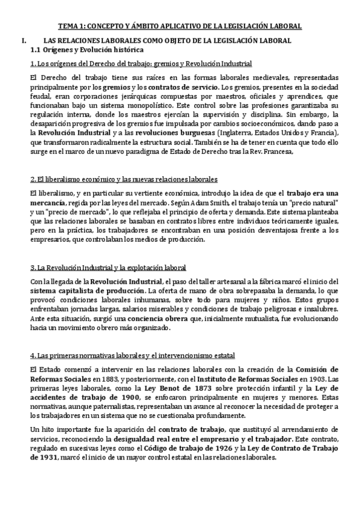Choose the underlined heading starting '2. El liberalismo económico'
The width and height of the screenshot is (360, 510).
pos(124,180)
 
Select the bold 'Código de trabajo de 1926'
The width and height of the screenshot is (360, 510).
pos(196,448)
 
